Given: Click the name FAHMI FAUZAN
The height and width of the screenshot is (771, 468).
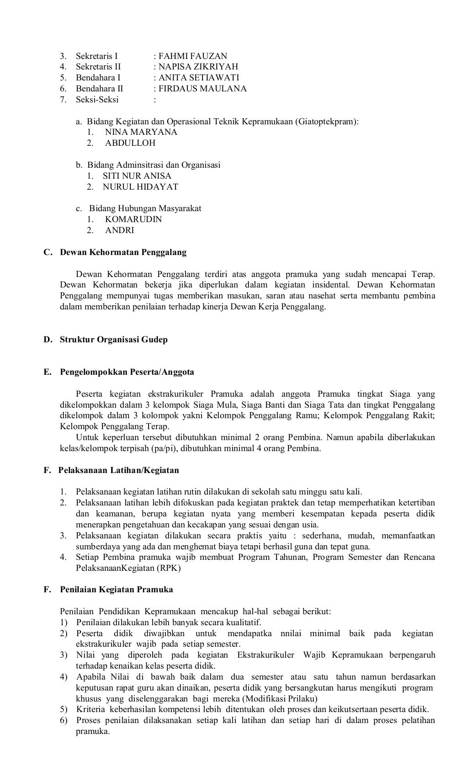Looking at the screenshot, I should click(x=192, y=56).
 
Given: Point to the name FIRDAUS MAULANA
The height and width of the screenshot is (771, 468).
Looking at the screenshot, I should click(x=202, y=89).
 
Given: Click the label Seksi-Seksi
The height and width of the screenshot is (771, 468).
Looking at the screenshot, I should click(x=97, y=100).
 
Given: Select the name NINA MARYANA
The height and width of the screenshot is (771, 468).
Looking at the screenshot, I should click(x=141, y=132).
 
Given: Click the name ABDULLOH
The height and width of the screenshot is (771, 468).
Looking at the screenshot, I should click(x=130, y=143).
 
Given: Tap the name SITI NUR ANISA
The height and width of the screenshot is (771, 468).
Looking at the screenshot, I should click(x=137, y=176).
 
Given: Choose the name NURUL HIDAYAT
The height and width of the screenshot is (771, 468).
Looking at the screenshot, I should click(x=140, y=187).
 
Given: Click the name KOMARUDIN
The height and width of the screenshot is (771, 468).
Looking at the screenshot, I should click(x=133, y=219).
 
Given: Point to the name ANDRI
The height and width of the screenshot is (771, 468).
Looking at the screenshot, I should click(x=119, y=230).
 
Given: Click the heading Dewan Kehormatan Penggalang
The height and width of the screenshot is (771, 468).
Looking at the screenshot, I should click(x=123, y=252).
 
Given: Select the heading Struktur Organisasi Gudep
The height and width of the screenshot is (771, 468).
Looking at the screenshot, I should click(x=113, y=340).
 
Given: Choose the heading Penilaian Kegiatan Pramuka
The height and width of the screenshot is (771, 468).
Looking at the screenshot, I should click(x=116, y=590).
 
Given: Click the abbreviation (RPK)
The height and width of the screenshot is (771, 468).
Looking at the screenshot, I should click(x=169, y=568).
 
